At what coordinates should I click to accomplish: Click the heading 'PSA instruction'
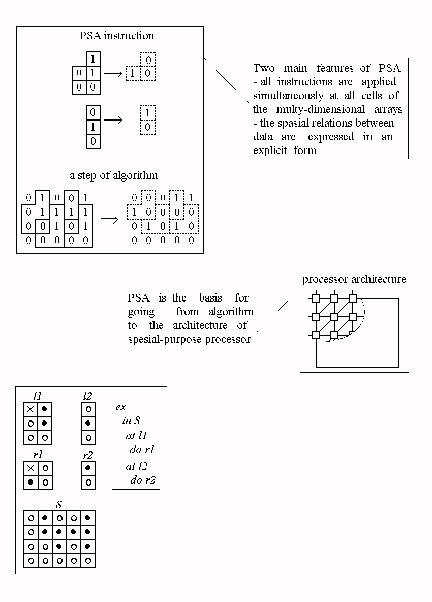(117, 36)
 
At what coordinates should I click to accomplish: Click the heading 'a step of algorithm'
(113, 175)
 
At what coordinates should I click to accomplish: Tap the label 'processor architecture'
(354, 279)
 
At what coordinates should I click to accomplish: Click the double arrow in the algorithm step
(109, 219)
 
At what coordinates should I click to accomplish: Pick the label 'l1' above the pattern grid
(37, 396)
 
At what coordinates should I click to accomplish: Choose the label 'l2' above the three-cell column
(87, 396)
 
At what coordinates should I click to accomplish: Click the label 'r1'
(37, 455)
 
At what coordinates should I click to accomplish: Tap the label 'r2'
(88, 455)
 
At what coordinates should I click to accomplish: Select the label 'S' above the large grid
(59, 505)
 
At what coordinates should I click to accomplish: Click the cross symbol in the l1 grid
(30, 409)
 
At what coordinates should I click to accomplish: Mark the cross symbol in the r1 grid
(30, 468)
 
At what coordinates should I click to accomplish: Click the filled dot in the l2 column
(88, 423)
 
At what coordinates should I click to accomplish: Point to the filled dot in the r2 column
(88, 468)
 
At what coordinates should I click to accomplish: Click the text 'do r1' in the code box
(142, 449)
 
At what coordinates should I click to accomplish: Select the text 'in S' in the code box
(131, 420)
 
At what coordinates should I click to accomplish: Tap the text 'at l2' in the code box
(136, 466)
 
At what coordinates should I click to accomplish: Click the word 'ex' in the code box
(121, 407)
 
